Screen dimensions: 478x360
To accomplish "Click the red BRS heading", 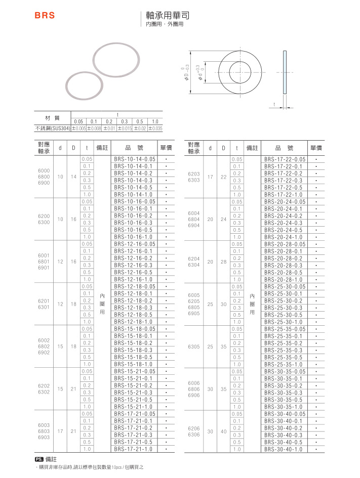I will (x=45, y=16).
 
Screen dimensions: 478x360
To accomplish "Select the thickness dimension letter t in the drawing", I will (x=274, y=105).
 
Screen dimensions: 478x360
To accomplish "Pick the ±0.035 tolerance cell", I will (x=155, y=128).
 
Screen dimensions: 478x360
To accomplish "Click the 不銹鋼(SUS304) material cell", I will (x=53, y=128).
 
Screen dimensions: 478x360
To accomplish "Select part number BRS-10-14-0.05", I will (x=134, y=159).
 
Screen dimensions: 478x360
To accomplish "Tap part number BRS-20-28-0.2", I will (x=284, y=258).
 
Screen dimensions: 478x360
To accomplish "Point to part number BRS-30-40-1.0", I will (x=284, y=449).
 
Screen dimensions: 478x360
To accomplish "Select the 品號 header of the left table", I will (x=134, y=148).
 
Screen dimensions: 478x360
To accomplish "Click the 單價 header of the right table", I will (x=316, y=148).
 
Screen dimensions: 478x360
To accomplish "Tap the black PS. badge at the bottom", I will (x=38, y=459).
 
